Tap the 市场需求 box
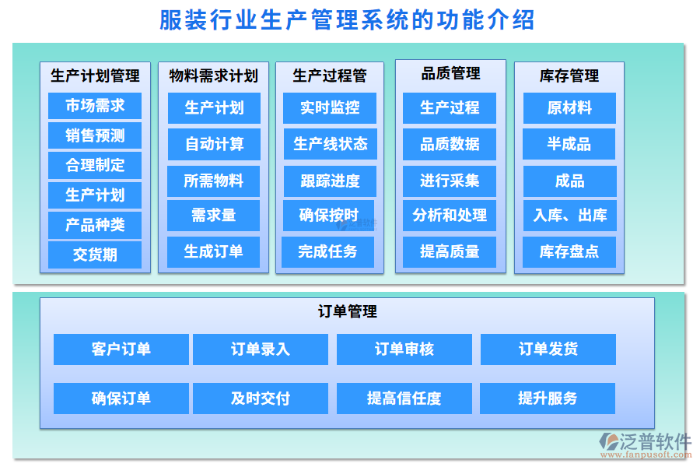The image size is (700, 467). [x=95, y=106]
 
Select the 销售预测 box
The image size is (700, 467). [x=95, y=135]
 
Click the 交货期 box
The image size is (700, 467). [x=95, y=255]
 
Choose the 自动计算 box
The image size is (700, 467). [x=214, y=144]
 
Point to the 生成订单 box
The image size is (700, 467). [x=214, y=251]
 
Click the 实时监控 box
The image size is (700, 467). [x=330, y=108]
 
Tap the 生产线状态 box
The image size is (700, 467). [x=330, y=144]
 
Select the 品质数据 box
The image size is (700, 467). [x=450, y=144]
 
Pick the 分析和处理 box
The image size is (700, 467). [x=450, y=216]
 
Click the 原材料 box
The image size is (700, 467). [x=569, y=108]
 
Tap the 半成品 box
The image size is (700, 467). [x=569, y=144]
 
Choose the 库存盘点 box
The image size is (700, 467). [x=569, y=251]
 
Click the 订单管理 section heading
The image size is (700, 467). [x=348, y=311]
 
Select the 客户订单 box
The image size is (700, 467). [x=121, y=349]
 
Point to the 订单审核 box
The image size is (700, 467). [x=404, y=349]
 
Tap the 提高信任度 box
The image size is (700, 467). [x=404, y=399]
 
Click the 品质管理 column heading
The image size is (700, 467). [x=450, y=74]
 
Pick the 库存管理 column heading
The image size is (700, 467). [x=569, y=75]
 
